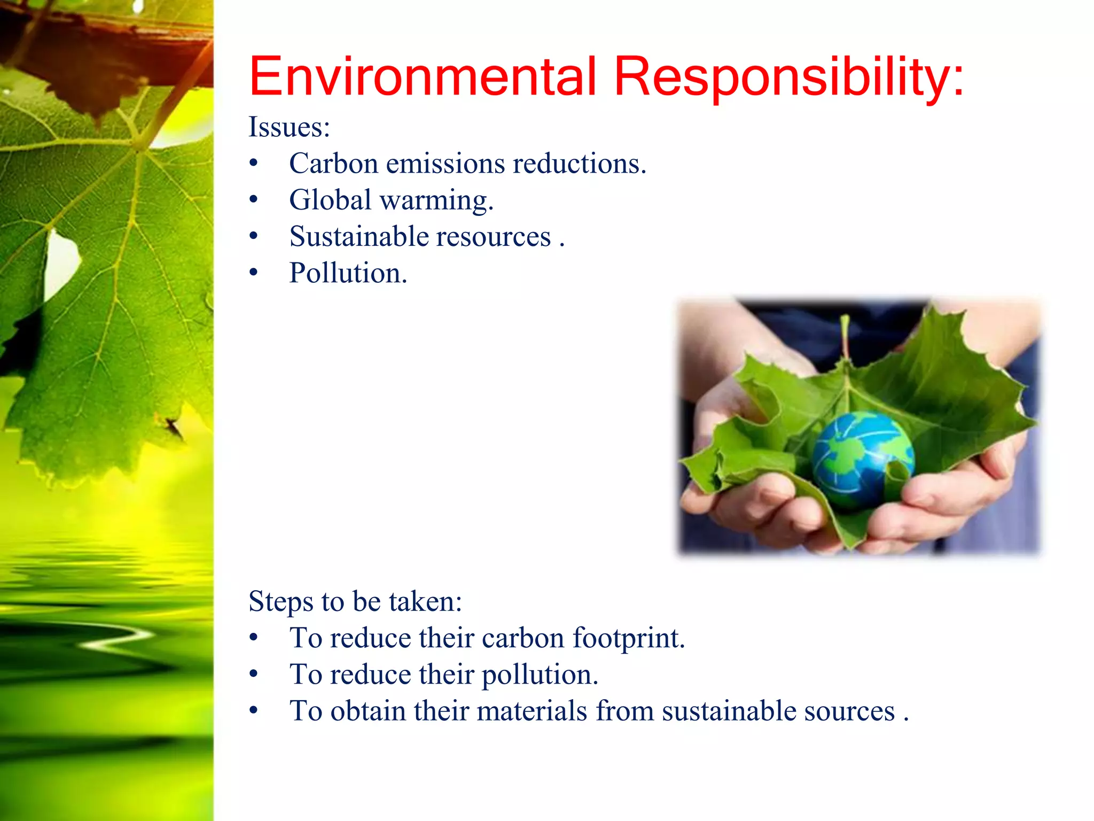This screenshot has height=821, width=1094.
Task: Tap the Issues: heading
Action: [x=289, y=127]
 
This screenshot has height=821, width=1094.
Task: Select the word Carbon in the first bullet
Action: [x=334, y=163]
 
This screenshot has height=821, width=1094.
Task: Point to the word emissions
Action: [x=446, y=163]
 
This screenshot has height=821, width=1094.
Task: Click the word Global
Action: [x=330, y=200]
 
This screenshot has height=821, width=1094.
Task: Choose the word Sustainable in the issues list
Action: [x=359, y=236]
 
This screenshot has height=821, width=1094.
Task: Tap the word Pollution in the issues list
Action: [x=348, y=273]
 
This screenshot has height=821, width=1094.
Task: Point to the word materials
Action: [x=532, y=711]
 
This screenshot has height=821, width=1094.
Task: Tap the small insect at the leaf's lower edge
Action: [x=172, y=426]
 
